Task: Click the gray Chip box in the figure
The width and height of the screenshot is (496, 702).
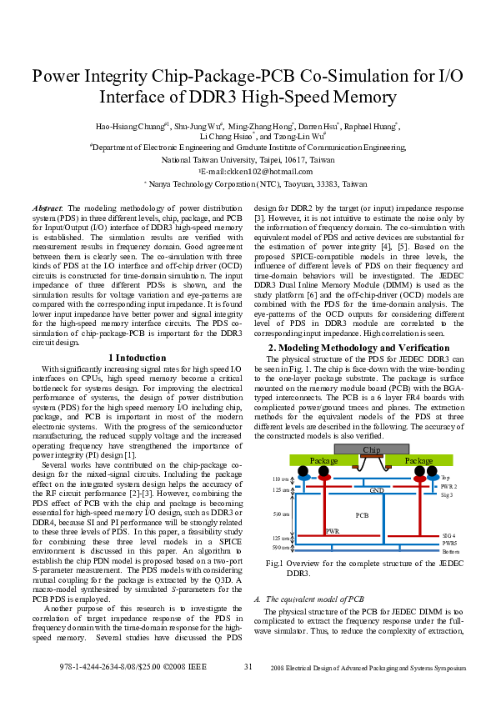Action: (x=370, y=450)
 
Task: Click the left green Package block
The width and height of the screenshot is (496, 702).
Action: (x=323, y=460)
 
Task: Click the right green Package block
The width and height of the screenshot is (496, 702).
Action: (x=418, y=460)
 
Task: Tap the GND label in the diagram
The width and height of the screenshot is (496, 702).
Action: (x=377, y=490)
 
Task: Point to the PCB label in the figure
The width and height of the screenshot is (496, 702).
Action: (x=362, y=515)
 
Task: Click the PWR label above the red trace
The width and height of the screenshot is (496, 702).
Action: (x=332, y=530)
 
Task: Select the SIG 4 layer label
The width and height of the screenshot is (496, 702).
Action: (x=448, y=534)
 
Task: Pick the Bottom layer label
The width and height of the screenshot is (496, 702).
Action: (x=450, y=552)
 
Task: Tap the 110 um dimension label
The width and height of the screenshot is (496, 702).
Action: (x=280, y=479)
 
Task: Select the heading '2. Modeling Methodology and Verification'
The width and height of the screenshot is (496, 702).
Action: (x=358, y=347)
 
